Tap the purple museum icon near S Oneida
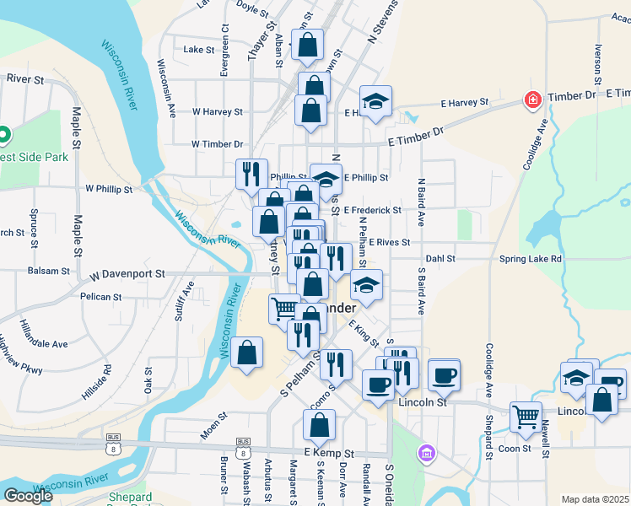point(427,454)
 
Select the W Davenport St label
point(127,274)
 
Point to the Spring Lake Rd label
point(531,259)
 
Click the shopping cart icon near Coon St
point(526,416)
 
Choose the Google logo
point(28,496)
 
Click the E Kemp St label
point(321,454)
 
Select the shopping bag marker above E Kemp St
point(319,427)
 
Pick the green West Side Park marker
point(3,134)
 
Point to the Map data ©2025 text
point(594,499)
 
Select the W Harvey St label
point(217,111)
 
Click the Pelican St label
point(101,297)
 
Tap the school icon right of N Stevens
point(376,102)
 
